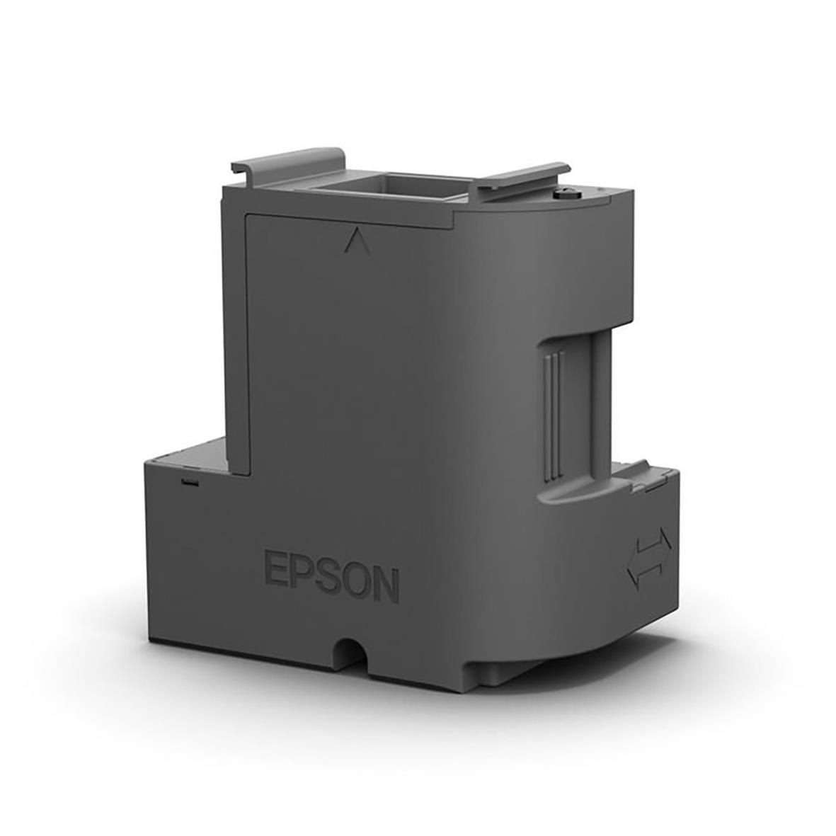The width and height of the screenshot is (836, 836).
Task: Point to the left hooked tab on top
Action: [287, 160]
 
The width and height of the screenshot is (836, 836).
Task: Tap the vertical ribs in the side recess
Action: [552, 411]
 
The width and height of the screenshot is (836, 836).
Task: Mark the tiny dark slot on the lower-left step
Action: [188, 483]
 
